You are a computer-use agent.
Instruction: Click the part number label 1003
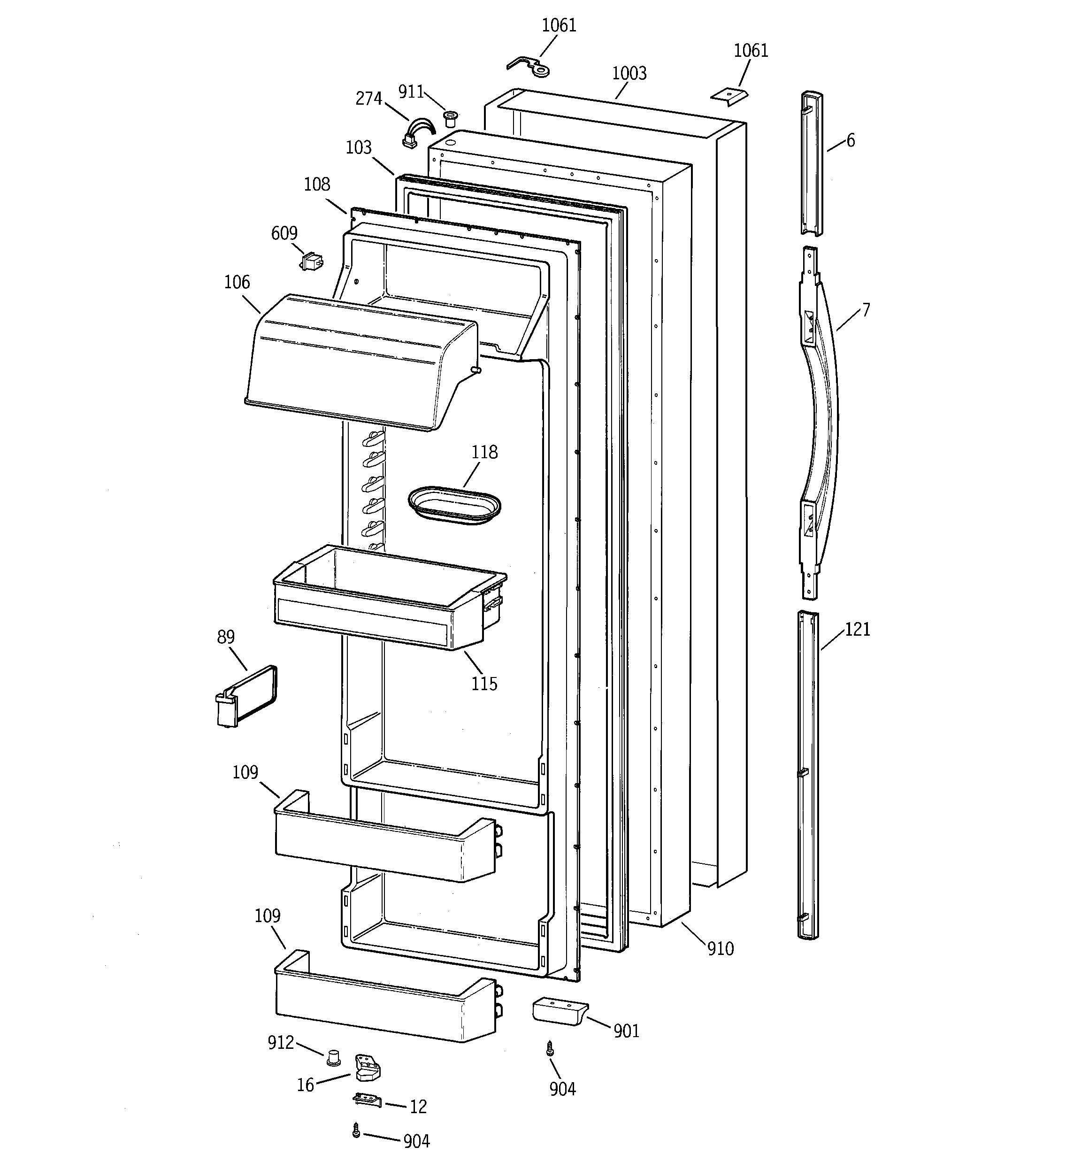coord(629,74)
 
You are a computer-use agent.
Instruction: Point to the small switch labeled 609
coord(312,262)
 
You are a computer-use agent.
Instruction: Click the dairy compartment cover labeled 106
coord(357,362)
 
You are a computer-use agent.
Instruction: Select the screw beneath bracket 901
coord(550,1050)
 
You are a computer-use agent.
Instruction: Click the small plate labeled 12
coord(367,1100)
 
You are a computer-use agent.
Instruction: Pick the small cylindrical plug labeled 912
coord(333,1057)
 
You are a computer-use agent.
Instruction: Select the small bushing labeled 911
coord(451,119)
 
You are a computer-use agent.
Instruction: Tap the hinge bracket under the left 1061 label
coord(529,67)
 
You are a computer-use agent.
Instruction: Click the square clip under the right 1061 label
coord(729,95)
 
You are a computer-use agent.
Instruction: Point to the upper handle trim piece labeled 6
coord(811,164)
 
